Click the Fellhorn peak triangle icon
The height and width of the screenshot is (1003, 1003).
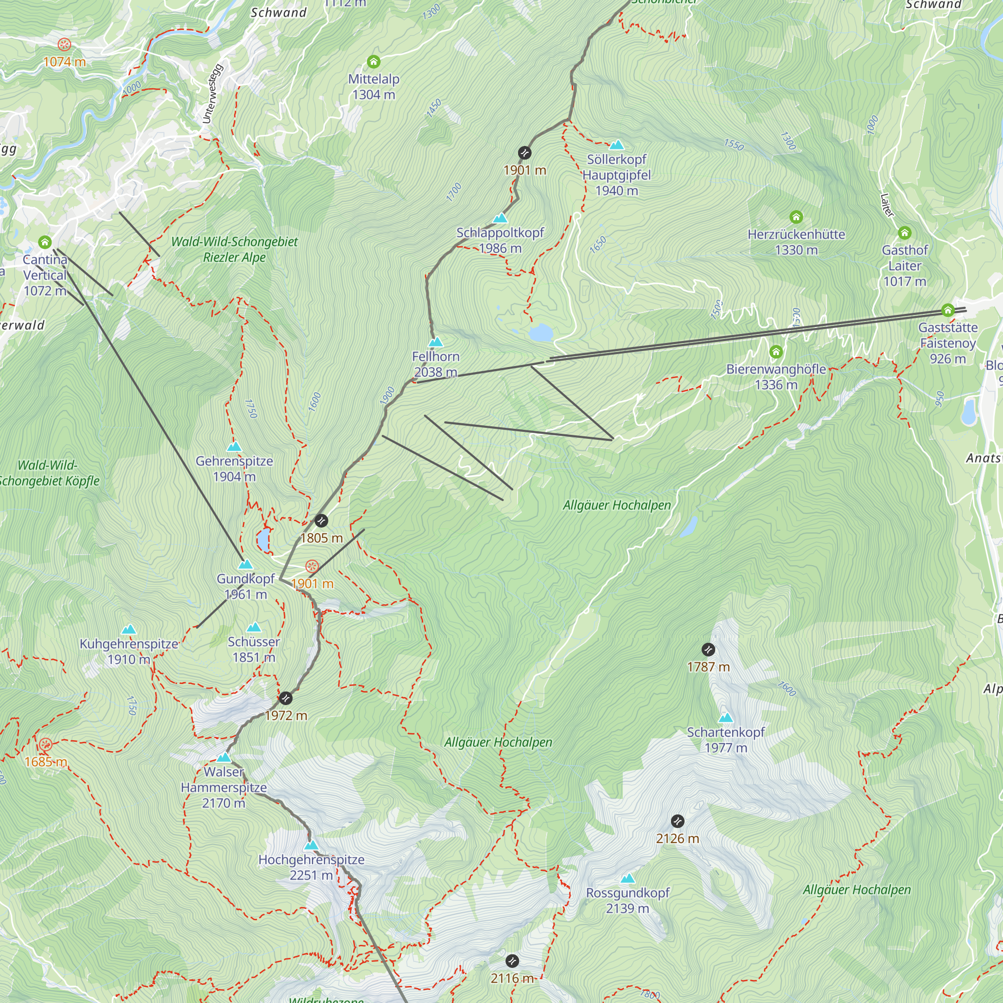click(x=436, y=342)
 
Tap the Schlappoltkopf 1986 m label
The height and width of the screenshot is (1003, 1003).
click(x=500, y=240)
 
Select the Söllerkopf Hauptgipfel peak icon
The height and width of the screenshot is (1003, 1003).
click(x=616, y=145)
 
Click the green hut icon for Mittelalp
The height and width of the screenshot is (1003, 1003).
click(x=373, y=62)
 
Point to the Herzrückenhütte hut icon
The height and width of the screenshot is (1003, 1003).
click(x=796, y=217)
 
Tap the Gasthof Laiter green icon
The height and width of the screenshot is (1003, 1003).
click(x=904, y=232)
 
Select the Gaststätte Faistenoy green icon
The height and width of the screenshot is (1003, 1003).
click(x=947, y=310)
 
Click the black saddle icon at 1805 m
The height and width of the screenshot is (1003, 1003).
click(x=321, y=520)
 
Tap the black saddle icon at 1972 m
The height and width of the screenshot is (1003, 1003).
click(x=285, y=698)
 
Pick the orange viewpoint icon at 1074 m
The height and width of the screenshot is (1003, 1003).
click(x=64, y=44)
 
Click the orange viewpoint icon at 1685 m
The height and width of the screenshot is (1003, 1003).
click(x=46, y=744)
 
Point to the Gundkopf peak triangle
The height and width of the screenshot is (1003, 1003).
click(x=245, y=564)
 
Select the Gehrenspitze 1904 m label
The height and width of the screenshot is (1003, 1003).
click(x=234, y=468)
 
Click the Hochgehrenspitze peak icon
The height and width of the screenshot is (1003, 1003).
click(x=311, y=845)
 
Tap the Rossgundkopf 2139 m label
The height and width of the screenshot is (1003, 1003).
click(x=627, y=900)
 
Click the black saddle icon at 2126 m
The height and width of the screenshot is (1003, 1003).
click(x=677, y=821)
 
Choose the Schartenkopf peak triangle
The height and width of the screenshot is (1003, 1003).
click(x=725, y=718)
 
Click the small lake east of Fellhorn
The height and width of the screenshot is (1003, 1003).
click(x=541, y=333)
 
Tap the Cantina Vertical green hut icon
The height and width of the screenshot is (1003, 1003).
click(x=45, y=242)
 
